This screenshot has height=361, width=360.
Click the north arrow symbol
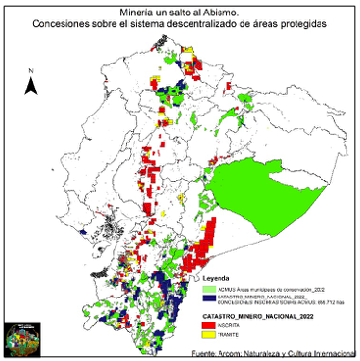pos(32,86)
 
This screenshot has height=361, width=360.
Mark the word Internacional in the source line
pos(331,353)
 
